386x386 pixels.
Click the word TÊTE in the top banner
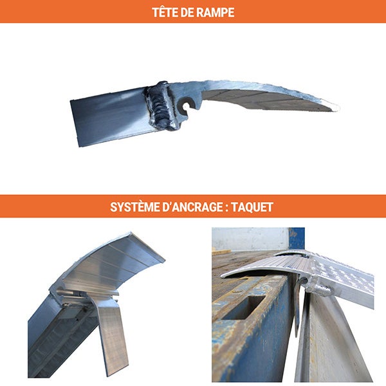click(x=164, y=12)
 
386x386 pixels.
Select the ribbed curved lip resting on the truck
click(x=270, y=265)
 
